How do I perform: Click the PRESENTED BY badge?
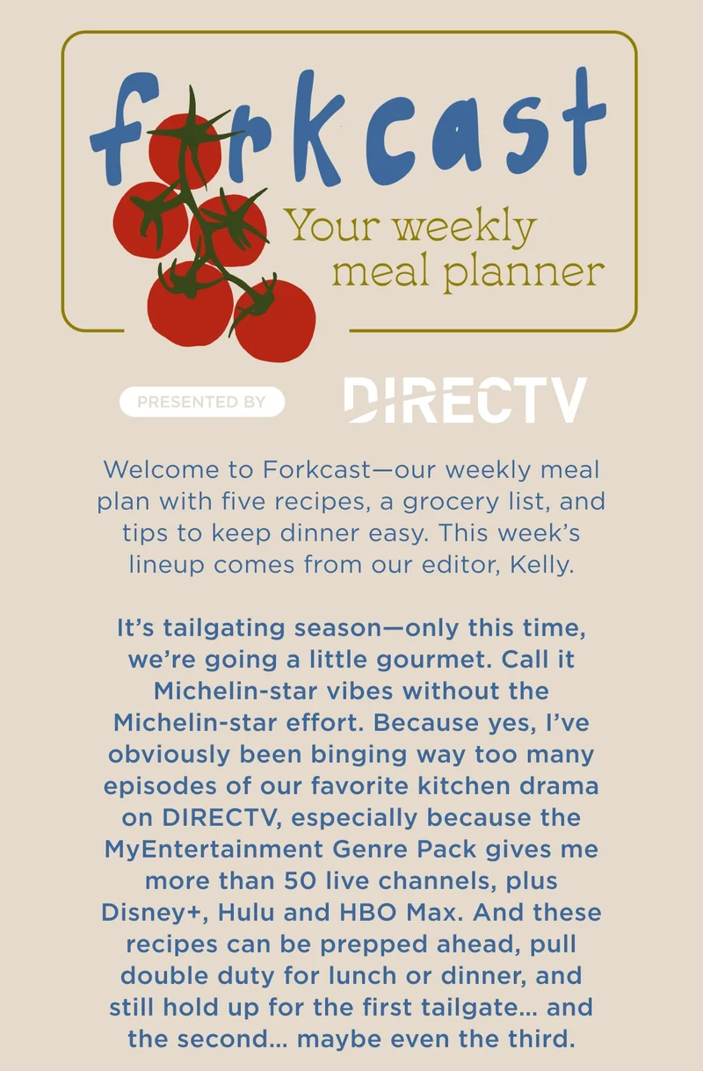202,402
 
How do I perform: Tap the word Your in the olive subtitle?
334,228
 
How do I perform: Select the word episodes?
164,785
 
